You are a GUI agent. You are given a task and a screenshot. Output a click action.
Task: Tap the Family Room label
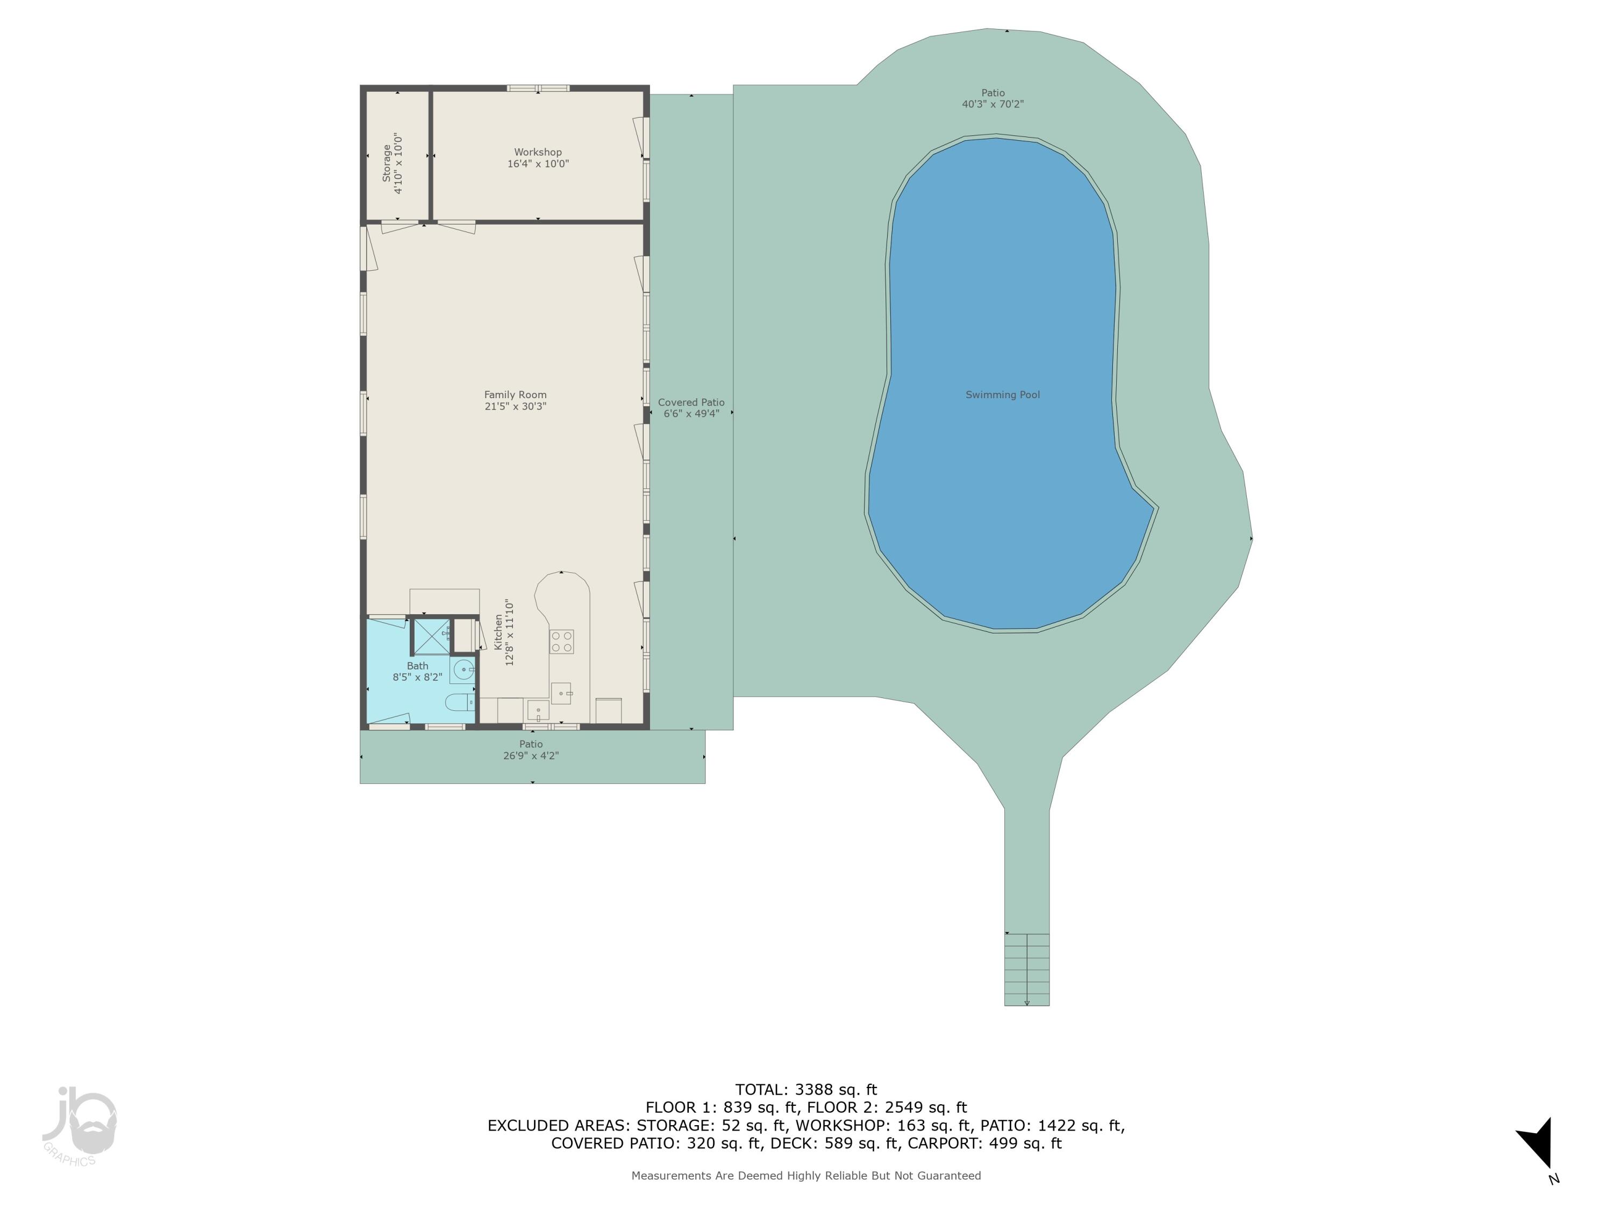(515, 400)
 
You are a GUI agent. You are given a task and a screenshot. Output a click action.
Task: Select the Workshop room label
(538, 157)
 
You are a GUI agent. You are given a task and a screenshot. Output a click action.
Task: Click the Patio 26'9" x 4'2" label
(531, 749)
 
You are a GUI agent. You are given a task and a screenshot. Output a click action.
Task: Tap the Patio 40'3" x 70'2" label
(993, 98)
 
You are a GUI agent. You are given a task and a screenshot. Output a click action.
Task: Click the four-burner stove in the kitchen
(561, 641)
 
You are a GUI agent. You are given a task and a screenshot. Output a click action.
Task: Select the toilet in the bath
(459, 702)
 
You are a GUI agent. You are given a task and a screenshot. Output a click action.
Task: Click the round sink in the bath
(462, 669)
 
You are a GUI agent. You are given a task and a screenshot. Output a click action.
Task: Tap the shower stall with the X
(431, 636)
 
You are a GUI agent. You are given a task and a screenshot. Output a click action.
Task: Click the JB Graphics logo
(78, 1126)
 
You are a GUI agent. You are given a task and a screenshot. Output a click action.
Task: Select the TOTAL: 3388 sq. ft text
(806, 1090)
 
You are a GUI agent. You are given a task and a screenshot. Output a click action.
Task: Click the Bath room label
(417, 671)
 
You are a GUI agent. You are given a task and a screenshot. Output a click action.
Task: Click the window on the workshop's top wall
(538, 88)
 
